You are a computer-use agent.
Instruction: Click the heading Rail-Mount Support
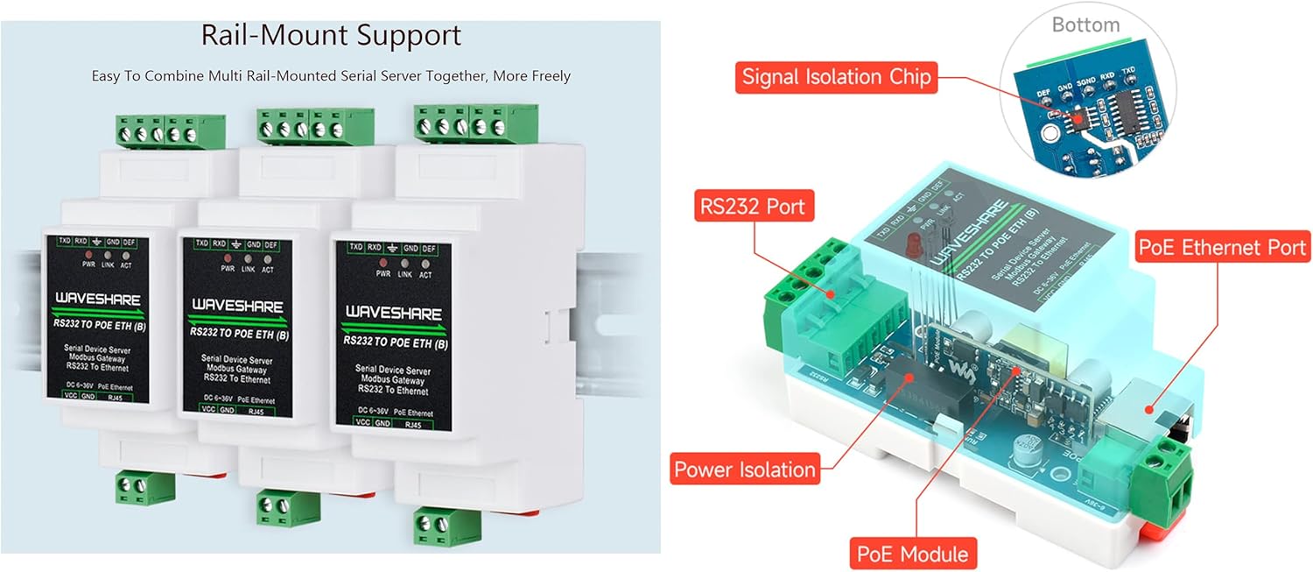point(331,35)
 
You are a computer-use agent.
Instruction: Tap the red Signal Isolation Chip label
point(836,77)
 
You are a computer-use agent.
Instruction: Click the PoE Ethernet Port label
point(1222,247)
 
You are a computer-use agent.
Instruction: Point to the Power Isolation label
point(745,470)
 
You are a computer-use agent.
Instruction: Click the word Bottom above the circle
point(1085,25)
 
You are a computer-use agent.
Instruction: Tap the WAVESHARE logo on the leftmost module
point(97,299)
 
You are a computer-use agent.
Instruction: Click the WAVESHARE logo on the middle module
point(236,306)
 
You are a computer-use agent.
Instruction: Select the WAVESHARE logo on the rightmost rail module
point(391,313)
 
